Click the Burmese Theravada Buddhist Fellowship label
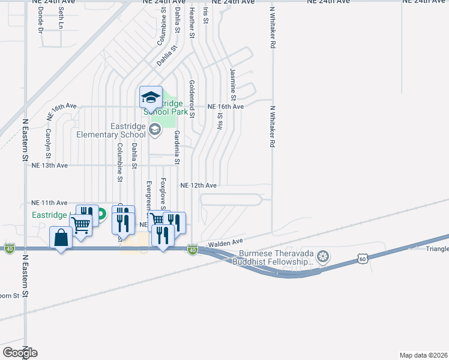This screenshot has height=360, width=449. click(276, 257)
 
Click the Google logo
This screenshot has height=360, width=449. click(20, 352)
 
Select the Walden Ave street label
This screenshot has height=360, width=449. click(225, 242)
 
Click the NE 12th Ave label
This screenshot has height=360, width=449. click(199, 185)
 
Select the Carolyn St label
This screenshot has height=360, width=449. click(47, 141)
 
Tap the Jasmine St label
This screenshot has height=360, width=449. click(233, 83)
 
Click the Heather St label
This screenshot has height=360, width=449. click(191, 20)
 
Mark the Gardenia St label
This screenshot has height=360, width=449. click(177, 149)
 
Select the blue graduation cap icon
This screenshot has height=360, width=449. click(151, 97)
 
